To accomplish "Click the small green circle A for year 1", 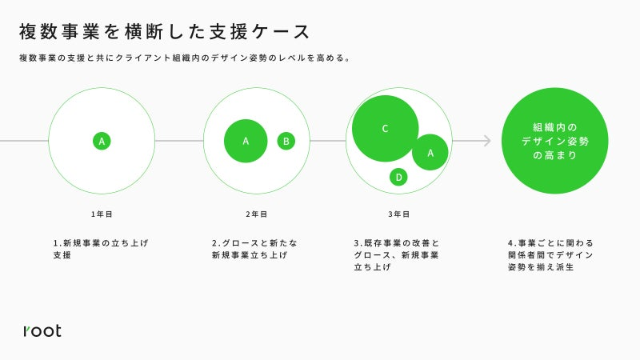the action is click(102, 142).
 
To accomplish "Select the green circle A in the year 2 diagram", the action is click(246, 141).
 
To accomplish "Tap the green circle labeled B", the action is click(286, 142).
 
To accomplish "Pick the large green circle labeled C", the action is click(386, 129).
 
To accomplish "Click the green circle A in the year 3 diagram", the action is click(430, 152).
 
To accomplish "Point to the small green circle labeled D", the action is click(398, 177).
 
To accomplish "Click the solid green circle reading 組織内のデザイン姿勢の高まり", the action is click(554, 141).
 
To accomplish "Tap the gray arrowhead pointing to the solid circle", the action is click(487, 141).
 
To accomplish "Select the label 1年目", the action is click(102, 214).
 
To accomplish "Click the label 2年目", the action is click(256, 214).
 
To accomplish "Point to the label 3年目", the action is click(398, 214).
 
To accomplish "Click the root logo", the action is click(42, 330).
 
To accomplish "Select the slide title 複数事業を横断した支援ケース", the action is click(165, 32).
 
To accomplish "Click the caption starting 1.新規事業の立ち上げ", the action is click(101, 249).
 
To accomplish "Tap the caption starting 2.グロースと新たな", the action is click(254, 249).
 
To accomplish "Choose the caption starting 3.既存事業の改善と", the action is click(396, 255).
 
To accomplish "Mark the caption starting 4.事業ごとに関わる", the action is click(550, 255).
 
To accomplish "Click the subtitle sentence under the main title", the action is click(185, 58).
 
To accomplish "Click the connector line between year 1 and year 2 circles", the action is click(179, 141).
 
